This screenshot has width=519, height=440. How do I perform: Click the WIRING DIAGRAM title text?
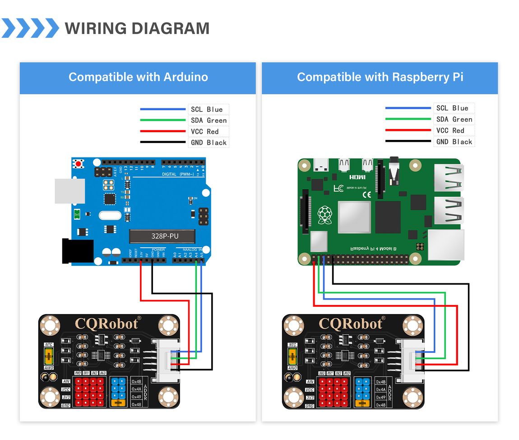coord(137,28)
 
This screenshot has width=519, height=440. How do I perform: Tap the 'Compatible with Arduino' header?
coord(138,77)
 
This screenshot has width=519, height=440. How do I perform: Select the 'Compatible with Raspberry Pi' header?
coord(380,77)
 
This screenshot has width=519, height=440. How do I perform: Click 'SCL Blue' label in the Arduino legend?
coord(207,109)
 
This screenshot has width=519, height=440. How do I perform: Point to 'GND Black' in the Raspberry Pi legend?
coord(454,142)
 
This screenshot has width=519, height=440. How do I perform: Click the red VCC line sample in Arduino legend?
coord(163,131)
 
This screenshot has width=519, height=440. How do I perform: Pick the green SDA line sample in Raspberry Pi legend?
coord(408,119)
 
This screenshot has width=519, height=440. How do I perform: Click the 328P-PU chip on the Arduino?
coord(162,236)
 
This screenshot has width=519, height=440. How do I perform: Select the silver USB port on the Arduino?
coord(70,191)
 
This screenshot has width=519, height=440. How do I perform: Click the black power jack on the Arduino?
coord(77,251)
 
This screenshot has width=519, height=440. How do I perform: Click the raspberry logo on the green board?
coord(324,215)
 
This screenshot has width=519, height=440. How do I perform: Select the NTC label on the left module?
coord(49,344)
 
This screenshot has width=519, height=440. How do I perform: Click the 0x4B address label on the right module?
coord(381,382)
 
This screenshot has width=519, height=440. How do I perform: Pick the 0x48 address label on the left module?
coord(137,405)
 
